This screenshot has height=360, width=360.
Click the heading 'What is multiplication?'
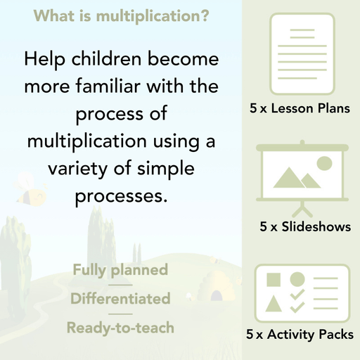(120, 15)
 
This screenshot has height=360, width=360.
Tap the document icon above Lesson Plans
(300, 53)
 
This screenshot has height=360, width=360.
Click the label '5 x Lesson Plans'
(300, 109)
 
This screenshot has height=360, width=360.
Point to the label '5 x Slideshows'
(305, 227)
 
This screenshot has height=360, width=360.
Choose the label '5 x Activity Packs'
(300, 335)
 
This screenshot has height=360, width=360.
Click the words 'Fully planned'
(120, 269)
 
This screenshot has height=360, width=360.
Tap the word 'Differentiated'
(120, 298)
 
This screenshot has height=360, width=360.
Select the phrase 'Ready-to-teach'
(120, 327)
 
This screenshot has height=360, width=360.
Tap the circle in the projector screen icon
(324, 164)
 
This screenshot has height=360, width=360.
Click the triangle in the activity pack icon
(274, 304)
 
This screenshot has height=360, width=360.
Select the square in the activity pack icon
(274, 279)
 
